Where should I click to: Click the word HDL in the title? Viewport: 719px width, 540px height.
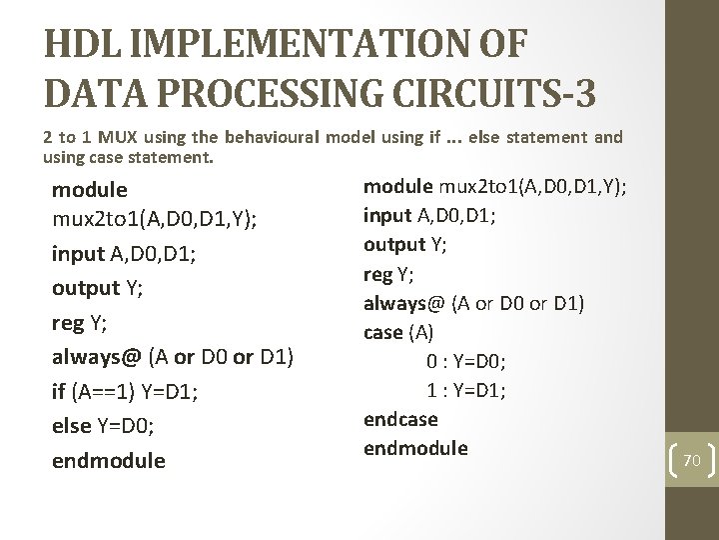[x=82, y=46]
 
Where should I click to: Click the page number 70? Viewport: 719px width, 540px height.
[x=692, y=461]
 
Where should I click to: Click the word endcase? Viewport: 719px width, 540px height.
[x=400, y=419]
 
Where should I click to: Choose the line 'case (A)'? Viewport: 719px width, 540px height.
[x=399, y=332]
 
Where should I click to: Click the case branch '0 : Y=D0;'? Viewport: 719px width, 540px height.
[x=465, y=361]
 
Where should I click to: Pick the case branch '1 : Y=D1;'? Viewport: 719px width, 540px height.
[x=465, y=390]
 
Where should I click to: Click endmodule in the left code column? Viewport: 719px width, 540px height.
[x=108, y=461]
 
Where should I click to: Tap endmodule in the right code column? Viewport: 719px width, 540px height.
[x=415, y=448]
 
